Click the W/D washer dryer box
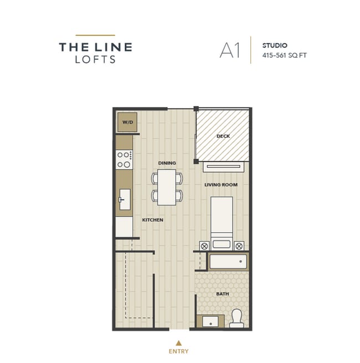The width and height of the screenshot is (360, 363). coord(127,122)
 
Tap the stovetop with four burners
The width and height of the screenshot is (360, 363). coord(124,160)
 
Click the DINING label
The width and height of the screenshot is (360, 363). coord(167,163)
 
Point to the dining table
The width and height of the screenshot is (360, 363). coord(167,187)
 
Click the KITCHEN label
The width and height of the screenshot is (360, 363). coord(152,220)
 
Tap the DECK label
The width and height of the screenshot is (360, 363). coord(223,136)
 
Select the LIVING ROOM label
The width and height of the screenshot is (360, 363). coord(220,185)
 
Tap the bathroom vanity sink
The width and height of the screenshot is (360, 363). coord(210,321)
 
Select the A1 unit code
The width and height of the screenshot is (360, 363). coord(229,50)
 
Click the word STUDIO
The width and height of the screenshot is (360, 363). coord(274,44)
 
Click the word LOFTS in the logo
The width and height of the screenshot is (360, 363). coord(95,60)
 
